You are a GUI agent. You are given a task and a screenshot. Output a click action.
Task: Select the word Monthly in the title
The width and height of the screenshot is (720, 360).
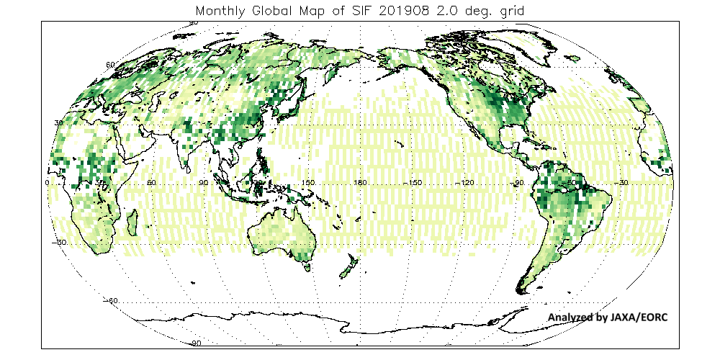222,12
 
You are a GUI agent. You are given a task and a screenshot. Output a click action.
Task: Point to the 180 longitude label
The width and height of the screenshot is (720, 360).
359,184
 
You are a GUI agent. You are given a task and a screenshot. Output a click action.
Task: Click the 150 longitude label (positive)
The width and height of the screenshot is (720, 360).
308,184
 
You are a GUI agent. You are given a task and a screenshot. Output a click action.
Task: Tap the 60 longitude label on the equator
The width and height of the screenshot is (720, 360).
151,184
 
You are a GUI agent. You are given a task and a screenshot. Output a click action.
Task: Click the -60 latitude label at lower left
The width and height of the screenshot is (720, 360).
110,300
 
